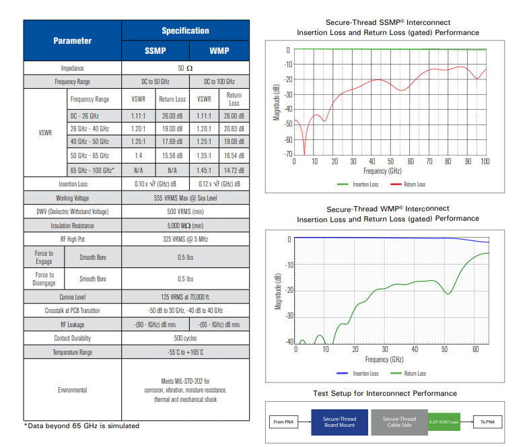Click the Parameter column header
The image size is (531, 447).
coord(72,40)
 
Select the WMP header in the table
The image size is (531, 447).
coord(219,50)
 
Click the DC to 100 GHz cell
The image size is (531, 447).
coord(219,81)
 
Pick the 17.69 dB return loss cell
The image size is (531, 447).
coord(172,141)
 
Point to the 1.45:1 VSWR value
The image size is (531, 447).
coord(203,170)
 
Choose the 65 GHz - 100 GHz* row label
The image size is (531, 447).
coord(93,170)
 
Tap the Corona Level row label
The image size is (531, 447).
coord(72,296)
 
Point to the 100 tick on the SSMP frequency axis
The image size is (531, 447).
coord(485,162)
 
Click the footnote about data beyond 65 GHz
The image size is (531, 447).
coord(82,425)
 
